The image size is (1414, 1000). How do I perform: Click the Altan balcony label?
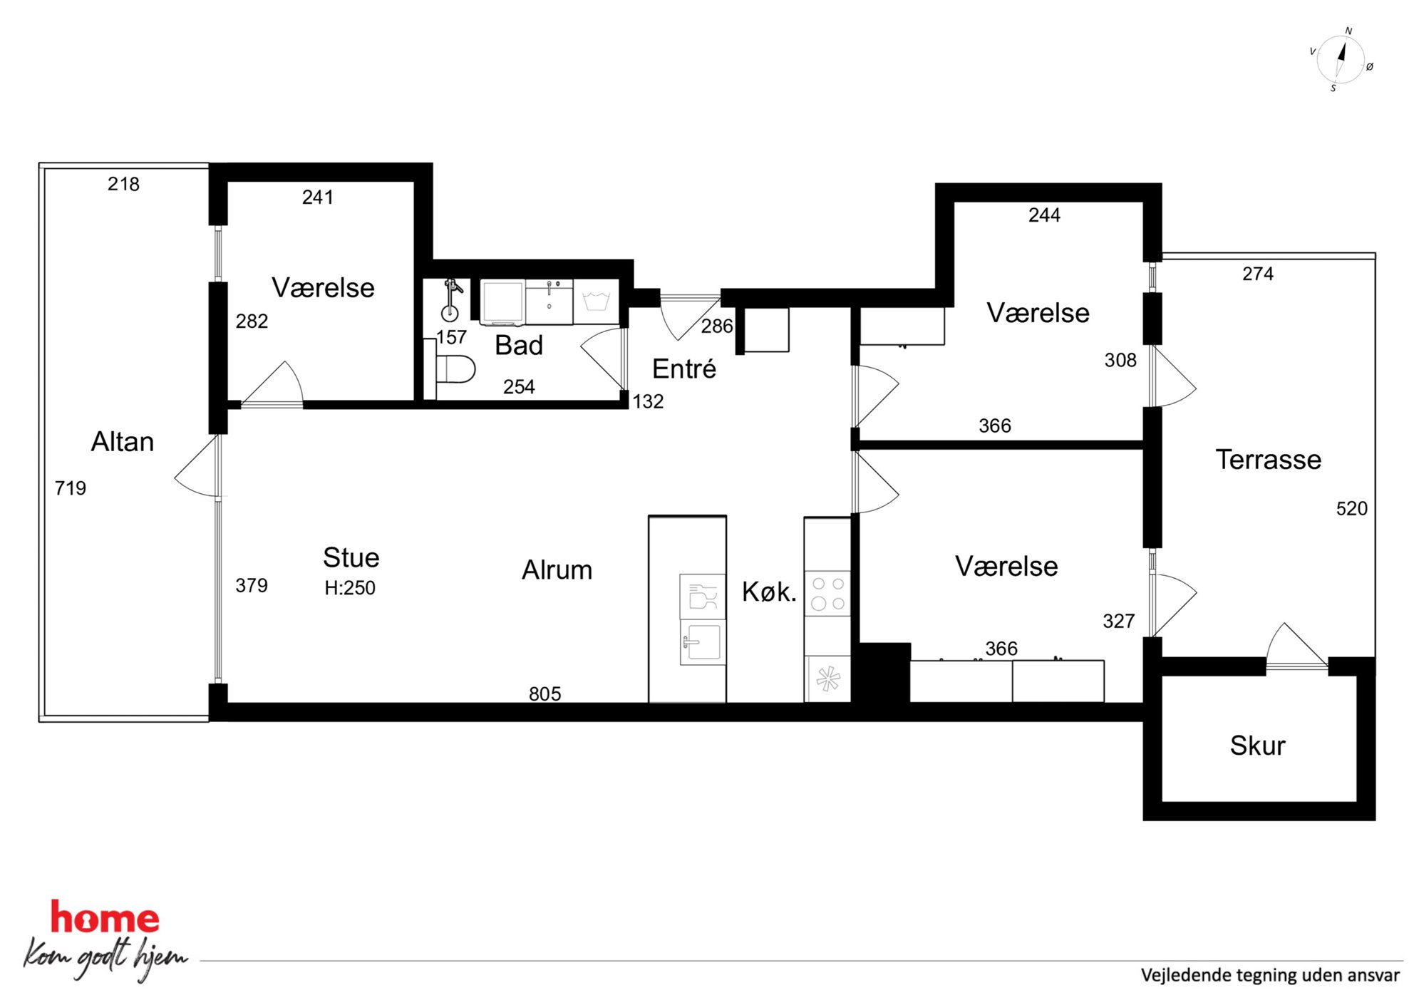pos(123,442)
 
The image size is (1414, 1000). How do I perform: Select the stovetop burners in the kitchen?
pos(827,593)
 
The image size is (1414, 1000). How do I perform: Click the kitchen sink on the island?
pos(703,641)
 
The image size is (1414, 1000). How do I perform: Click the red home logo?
pos(105,917)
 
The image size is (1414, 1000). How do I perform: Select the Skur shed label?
pos(1257,746)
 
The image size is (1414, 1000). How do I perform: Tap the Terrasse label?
pos(1268,460)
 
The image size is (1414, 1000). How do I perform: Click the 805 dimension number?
pos(545,694)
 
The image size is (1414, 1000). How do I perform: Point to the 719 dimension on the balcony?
pos(71,488)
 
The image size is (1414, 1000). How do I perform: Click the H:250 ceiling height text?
pos(350,588)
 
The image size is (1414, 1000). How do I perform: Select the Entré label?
pos(684,368)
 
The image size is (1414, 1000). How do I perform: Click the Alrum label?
pos(557,570)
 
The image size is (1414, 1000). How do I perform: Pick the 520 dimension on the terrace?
pos(1351,509)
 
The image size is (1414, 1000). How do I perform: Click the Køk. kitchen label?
pos(769,592)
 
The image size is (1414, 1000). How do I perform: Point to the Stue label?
pos(351,557)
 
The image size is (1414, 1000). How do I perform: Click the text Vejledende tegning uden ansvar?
pos(1270,975)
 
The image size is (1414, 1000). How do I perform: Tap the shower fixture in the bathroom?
pos(451,299)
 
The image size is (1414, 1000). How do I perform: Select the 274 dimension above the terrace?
pos(1258,274)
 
